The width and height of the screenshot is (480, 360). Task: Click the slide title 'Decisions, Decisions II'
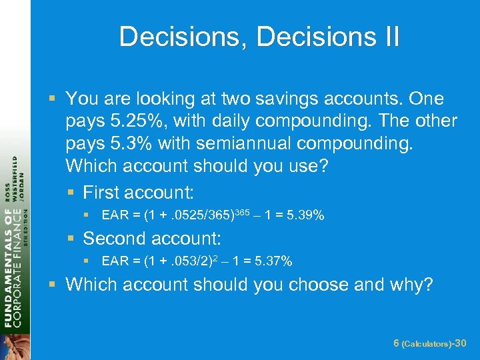coord(259,37)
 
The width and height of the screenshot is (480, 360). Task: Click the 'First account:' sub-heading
coord(138,193)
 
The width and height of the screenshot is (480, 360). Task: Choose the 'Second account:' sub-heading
coord(151,238)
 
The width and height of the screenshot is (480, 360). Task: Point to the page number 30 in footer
coord(459,343)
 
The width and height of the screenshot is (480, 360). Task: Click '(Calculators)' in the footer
coord(427,343)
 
